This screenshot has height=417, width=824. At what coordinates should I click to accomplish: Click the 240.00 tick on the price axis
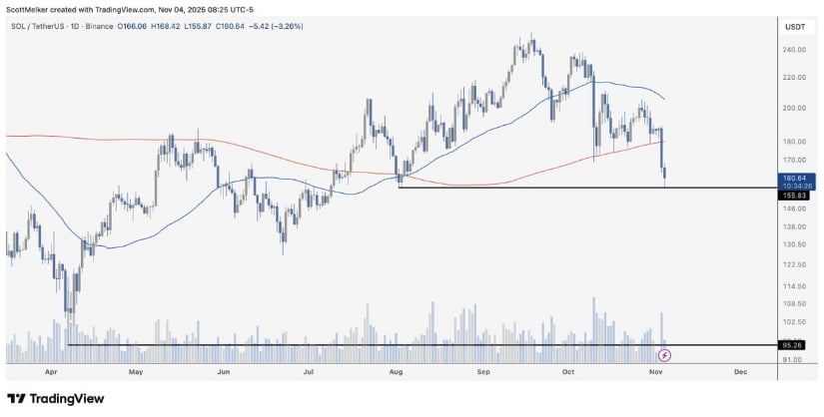pyautogui.click(x=794, y=50)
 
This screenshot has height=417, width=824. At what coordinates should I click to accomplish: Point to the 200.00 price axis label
pyautogui.click(x=794, y=108)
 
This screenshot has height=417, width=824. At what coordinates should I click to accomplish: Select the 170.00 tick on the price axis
pyautogui.click(x=794, y=160)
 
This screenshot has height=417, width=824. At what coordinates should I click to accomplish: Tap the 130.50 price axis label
pyautogui.click(x=794, y=244)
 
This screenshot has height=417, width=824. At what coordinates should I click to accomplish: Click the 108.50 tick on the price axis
pyautogui.click(x=794, y=303)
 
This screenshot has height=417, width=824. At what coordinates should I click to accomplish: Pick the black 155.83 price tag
pyautogui.click(x=794, y=197)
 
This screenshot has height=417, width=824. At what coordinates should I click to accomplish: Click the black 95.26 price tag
pyautogui.click(x=794, y=345)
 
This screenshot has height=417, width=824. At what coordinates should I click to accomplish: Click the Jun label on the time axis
pyautogui.click(x=224, y=370)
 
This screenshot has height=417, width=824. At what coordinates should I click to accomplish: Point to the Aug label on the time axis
pyautogui.click(x=396, y=370)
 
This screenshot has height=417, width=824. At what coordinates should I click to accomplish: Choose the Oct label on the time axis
pyautogui.click(x=568, y=370)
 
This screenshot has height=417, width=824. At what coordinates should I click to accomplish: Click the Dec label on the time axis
pyautogui.click(x=740, y=370)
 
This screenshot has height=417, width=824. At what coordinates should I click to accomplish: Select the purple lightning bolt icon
pyautogui.click(x=664, y=354)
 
